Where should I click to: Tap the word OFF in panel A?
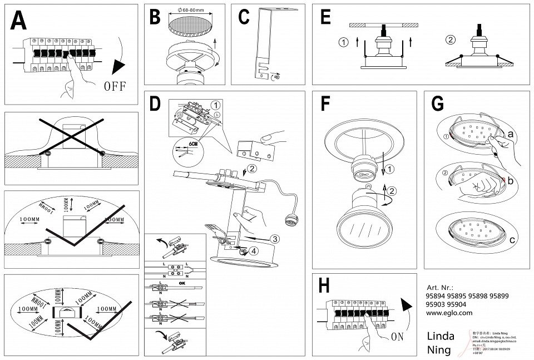pos(115,86)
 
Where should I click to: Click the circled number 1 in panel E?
pos(344,42)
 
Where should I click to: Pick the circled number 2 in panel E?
pos(451,39)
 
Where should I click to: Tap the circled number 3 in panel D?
pos(274,239)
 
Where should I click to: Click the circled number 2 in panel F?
pos(393,191)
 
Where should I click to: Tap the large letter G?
pos(438,104)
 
